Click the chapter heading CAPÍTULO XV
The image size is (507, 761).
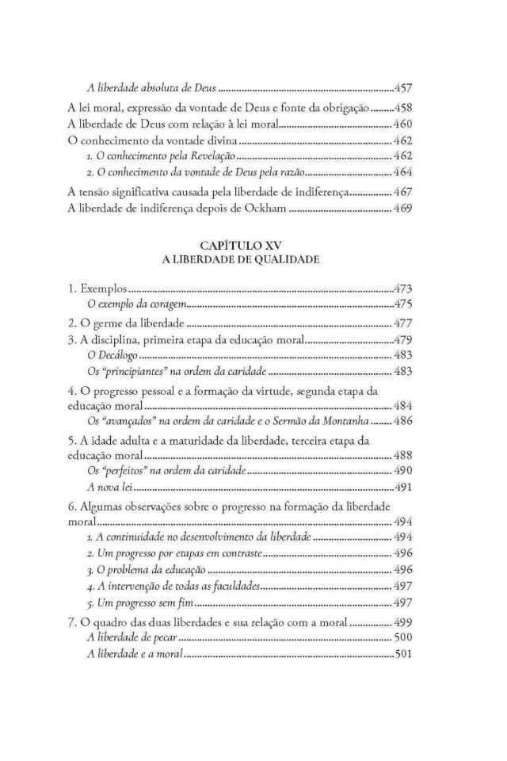(x=253, y=253)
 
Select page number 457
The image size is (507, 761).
(x=402, y=88)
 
